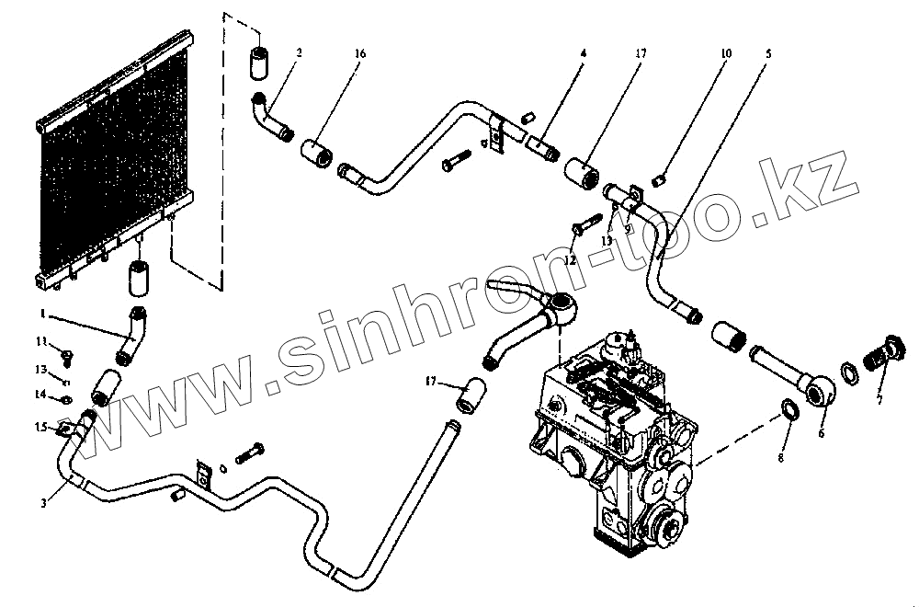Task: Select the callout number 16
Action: [359, 54]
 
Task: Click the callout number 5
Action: [767, 54]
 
